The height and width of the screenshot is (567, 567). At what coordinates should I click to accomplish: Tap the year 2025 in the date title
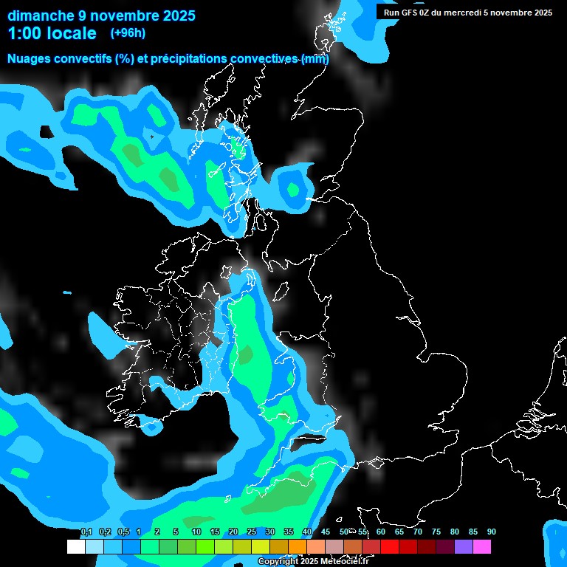tap(176, 16)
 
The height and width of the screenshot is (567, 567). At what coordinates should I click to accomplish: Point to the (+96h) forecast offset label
tap(128, 33)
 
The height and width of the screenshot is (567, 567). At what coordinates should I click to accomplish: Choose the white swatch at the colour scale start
tap(75, 547)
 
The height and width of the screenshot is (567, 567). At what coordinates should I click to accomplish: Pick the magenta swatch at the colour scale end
tap(482, 547)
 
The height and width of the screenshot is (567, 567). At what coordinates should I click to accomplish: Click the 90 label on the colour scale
tap(492, 532)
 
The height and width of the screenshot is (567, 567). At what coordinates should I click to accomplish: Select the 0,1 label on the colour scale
tap(86, 532)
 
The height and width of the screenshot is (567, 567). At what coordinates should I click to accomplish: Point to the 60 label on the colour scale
tap(381, 532)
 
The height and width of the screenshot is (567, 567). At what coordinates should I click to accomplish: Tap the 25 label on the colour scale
tap(252, 532)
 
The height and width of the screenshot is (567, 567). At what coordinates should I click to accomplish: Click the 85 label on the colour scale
tap(473, 532)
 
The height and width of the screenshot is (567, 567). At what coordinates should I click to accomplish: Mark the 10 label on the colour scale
tap(196, 532)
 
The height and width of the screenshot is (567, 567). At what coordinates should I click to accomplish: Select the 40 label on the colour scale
tap(307, 532)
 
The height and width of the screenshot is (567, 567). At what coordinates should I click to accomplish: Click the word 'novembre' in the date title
tap(113, 16)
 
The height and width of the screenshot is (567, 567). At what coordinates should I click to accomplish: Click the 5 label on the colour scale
tap(176, 532)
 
